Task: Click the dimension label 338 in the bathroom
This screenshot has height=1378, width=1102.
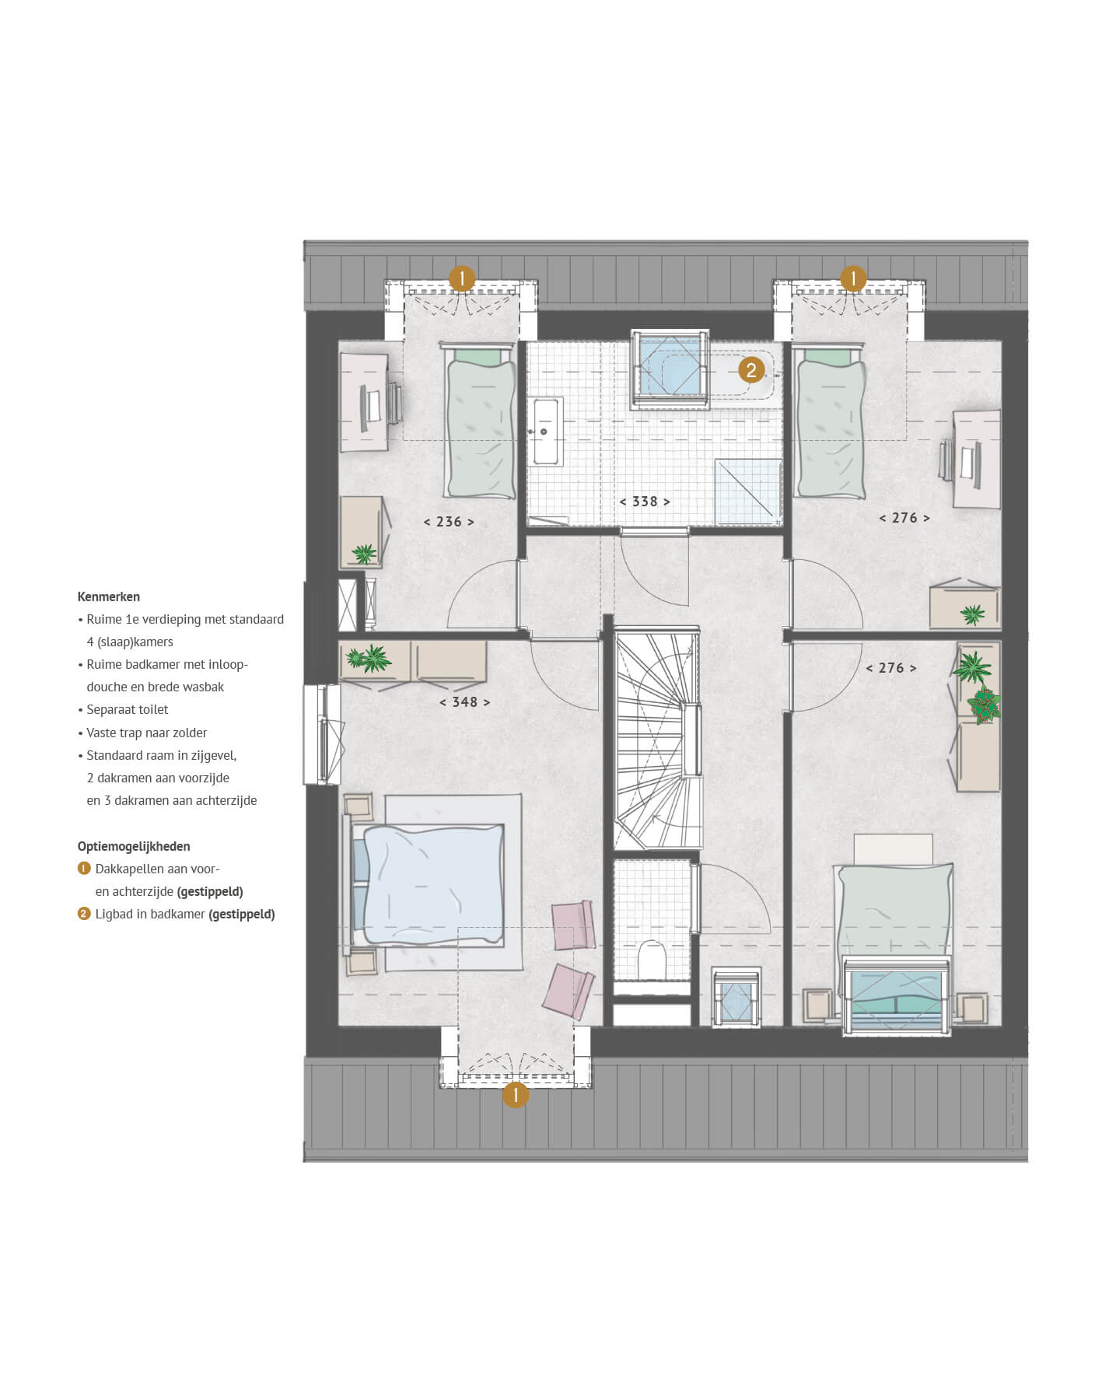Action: click(x=645, y=502)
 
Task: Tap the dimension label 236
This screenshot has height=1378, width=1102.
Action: click(x=449, y=522)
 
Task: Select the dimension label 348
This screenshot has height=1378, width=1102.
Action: click(x=464, y=702)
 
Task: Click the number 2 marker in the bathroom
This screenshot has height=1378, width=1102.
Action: click(x=751, y=370)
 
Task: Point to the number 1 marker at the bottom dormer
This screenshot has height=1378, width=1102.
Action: click(x=515, y=1095)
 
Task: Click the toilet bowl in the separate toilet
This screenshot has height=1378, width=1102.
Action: click(x=651, y=961)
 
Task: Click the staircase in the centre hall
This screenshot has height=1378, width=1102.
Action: click(x=658, y=740)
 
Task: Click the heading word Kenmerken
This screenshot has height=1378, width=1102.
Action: click(x=109, y=597)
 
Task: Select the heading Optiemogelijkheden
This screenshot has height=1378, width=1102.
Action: click(x=134, y=846)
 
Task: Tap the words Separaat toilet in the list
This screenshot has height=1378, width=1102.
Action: click(x=127, y=710)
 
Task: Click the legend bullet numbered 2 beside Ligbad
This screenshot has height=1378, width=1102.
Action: click(x=84, y=914)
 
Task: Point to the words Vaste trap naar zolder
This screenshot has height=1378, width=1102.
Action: click(x=146, y=733)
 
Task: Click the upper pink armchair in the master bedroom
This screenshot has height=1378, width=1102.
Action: click(x=573, y=925)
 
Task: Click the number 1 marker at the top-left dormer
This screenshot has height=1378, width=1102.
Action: click(x=462, y=278)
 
